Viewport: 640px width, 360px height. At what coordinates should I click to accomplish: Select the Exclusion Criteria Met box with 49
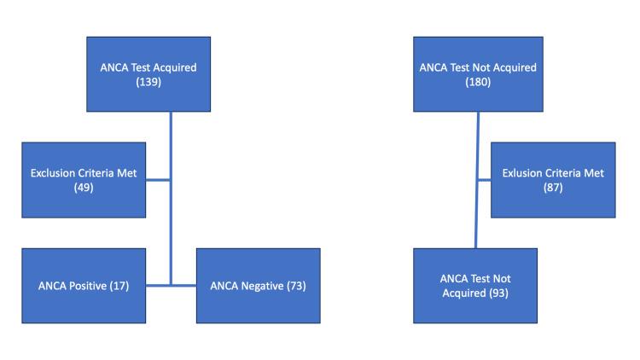(x=83, y=180)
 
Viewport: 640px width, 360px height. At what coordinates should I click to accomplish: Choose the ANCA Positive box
(x=83, y=286)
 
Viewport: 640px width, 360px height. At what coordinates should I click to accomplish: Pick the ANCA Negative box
(x=258, y=286)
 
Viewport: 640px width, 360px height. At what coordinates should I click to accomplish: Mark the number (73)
(x=295, y=286)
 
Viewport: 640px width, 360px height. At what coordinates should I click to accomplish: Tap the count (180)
(x=475, y=83)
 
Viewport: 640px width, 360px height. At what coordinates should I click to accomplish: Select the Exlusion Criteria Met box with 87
(x=552, y=180)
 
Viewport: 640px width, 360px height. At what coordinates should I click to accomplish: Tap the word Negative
(x=259, y=286)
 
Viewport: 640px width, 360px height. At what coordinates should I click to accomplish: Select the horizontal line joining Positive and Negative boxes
(x=171, y=285)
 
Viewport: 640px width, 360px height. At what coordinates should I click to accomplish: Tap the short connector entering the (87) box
(x=484, y=180)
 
